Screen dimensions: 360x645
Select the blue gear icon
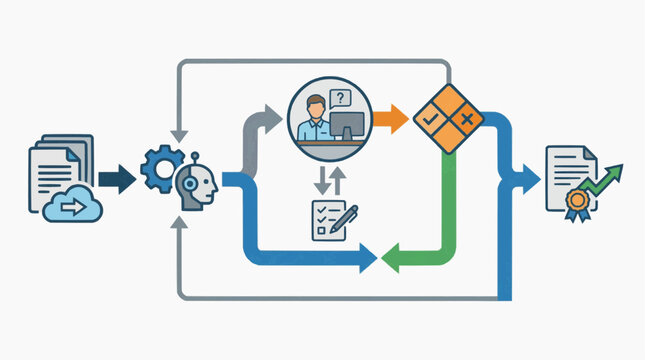[x=160, y=169]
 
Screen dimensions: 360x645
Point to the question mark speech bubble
[x=341, y=97]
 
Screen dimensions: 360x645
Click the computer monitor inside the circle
[x=347, y=126]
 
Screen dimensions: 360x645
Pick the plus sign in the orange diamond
[x=465, y=120]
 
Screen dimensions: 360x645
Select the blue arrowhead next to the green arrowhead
[x=365, y=259]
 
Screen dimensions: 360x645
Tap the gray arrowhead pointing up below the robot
[x=177, y=224]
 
